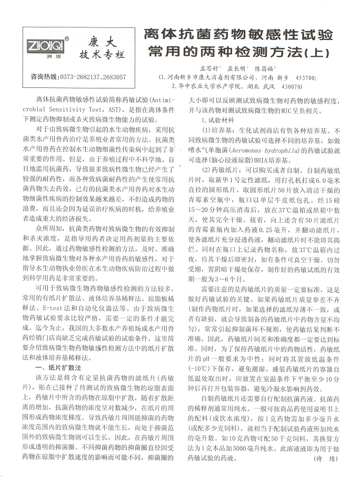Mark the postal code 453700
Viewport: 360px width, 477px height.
click(306, 77)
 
